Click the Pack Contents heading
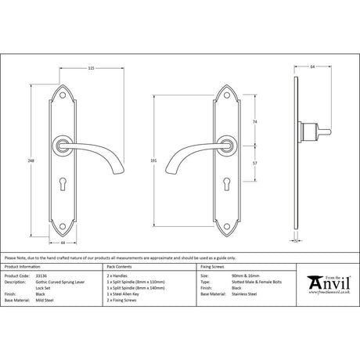click(x=120, y=266)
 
